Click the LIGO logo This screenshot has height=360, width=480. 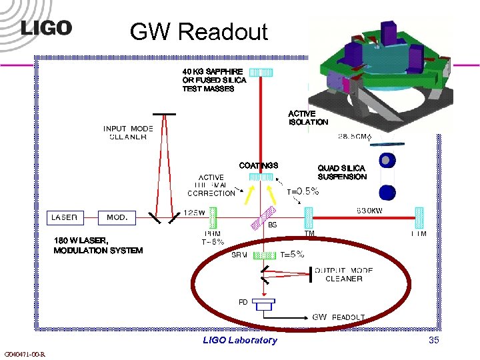click(46, 29)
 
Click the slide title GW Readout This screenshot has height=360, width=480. click(199, 31)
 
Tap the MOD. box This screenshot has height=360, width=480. click(117, 217)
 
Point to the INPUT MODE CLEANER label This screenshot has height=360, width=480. click(128, 133)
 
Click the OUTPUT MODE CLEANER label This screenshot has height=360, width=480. click(343, 275)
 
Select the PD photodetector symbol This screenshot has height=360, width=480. click(265, 305)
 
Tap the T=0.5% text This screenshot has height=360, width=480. click(303, 191)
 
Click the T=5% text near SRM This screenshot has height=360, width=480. click(292, 254)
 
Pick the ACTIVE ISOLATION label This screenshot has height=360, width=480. click(308, 118)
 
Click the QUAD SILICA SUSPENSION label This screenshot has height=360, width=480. click(342, 173)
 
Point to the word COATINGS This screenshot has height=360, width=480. click(258, 165)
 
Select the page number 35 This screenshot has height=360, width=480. click(433, 341)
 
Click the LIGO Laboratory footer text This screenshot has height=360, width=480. click(240, 341)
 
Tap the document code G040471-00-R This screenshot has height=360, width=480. click(25, 354)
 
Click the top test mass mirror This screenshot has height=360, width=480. click(261, 72)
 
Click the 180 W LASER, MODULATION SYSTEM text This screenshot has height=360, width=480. click(98, 245)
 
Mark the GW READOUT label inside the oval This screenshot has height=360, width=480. click(339, 317)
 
